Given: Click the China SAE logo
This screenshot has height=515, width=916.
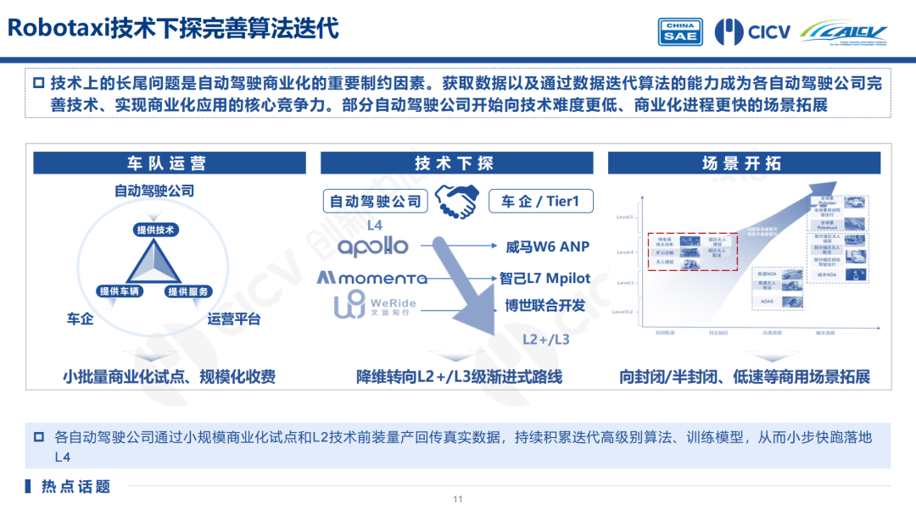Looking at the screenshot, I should point(680,31).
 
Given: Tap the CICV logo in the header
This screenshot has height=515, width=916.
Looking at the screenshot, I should point(752,31).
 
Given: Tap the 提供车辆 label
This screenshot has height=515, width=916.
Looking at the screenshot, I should point(119,291).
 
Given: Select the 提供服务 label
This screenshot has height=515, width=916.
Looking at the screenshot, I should point(188,291).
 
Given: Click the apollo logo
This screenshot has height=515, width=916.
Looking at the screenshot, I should point(373,246).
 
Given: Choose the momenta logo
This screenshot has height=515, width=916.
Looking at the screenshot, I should point(372,278).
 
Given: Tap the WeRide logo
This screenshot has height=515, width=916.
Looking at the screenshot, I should point(374,306).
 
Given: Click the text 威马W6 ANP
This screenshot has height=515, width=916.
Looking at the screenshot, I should point(546,247).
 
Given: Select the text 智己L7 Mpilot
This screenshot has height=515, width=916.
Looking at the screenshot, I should point(545,278).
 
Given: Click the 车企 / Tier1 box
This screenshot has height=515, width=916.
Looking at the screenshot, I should point(540,201).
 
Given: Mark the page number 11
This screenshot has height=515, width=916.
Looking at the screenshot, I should point(458,499).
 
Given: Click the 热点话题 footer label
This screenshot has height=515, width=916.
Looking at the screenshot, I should point(75,487).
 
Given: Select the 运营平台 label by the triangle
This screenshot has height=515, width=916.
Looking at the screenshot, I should point(234,319).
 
